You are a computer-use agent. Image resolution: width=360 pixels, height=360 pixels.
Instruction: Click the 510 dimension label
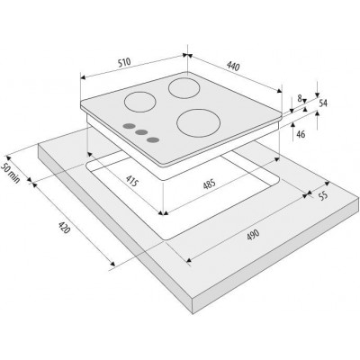(124, 62)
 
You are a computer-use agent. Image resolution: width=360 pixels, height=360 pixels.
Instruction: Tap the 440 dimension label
(233, 66)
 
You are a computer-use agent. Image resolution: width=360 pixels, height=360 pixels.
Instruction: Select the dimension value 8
(300, 98)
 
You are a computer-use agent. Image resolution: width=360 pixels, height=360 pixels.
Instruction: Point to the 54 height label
(323, 103)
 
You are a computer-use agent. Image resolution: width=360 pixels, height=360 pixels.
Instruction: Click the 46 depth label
(301, 134)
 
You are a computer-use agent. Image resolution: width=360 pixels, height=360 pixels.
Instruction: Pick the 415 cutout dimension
(132, 180)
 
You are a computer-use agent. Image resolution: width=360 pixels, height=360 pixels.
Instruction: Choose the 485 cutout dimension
(209, 184)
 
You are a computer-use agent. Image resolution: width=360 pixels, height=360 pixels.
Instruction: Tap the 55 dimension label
(322, 196)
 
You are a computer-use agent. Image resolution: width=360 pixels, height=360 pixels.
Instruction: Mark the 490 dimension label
(253, 235)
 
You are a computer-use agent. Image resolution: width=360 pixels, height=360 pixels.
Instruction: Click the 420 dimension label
(64, 228)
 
